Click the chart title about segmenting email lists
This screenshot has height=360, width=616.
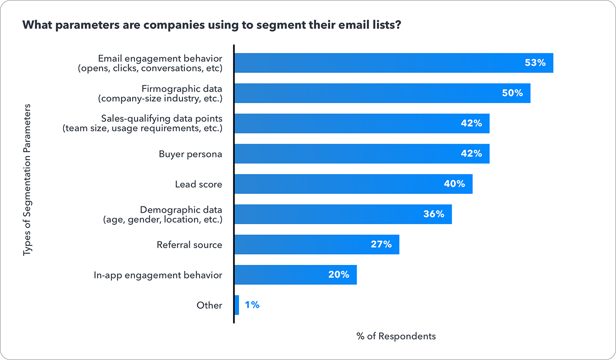click(x=212, y=25)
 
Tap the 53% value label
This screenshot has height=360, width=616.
click(x=535, y=63)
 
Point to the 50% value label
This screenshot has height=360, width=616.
click(x=512, y=93)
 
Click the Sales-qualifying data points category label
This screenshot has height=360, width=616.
click(x=142, y=123)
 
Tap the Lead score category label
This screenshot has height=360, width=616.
click(x=198, y=184)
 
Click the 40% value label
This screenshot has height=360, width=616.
click(x=454, y=184)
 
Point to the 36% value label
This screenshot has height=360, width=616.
click(x=433, y=214)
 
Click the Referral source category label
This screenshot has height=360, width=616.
click(x=189, y=245)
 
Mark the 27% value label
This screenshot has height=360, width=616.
click(x=381, y=245)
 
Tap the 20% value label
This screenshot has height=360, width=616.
click(x=339, y=274)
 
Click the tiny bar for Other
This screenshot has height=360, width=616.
click(x=236, y=305)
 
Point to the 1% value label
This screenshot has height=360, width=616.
click(x=252, y=305)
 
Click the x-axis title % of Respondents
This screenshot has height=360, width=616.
click(x=396, y=336)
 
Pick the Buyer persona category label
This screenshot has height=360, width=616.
click(x=190, y=154)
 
